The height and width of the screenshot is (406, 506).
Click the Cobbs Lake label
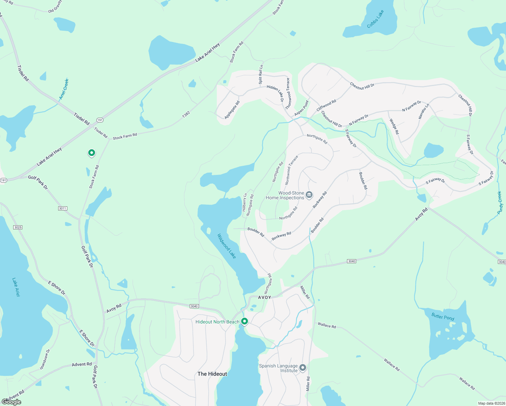(x=375, y=19)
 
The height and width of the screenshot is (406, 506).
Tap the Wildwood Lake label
(x=227, y=246)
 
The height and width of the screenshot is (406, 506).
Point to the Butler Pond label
(x=443, y=317)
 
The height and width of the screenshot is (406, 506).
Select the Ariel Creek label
(x=64, y=89)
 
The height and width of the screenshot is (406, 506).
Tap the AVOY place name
(x=264, y=297)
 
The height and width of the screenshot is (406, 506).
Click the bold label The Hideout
(x=212, y=374)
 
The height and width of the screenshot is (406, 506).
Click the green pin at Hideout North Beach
(x=244, y=321)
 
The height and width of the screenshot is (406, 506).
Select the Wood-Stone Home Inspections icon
(x=309, y=195)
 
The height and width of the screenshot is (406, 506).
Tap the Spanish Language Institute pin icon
(x=303, y=367)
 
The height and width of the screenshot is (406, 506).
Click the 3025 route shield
(x=18, y=227)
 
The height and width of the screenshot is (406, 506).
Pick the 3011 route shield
(x=63, y=208)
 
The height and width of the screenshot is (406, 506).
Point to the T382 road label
(x=186, y=115)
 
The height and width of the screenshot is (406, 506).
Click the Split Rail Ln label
(x=261, y=74)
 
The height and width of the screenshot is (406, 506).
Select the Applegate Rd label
(x=232, y=110)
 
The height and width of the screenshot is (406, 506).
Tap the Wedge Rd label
(x=394, y=127)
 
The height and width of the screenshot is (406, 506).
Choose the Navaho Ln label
(x=424, y=111)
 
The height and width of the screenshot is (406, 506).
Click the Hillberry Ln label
(x=245, y=202)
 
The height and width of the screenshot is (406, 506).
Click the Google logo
(x=11, y=402)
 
